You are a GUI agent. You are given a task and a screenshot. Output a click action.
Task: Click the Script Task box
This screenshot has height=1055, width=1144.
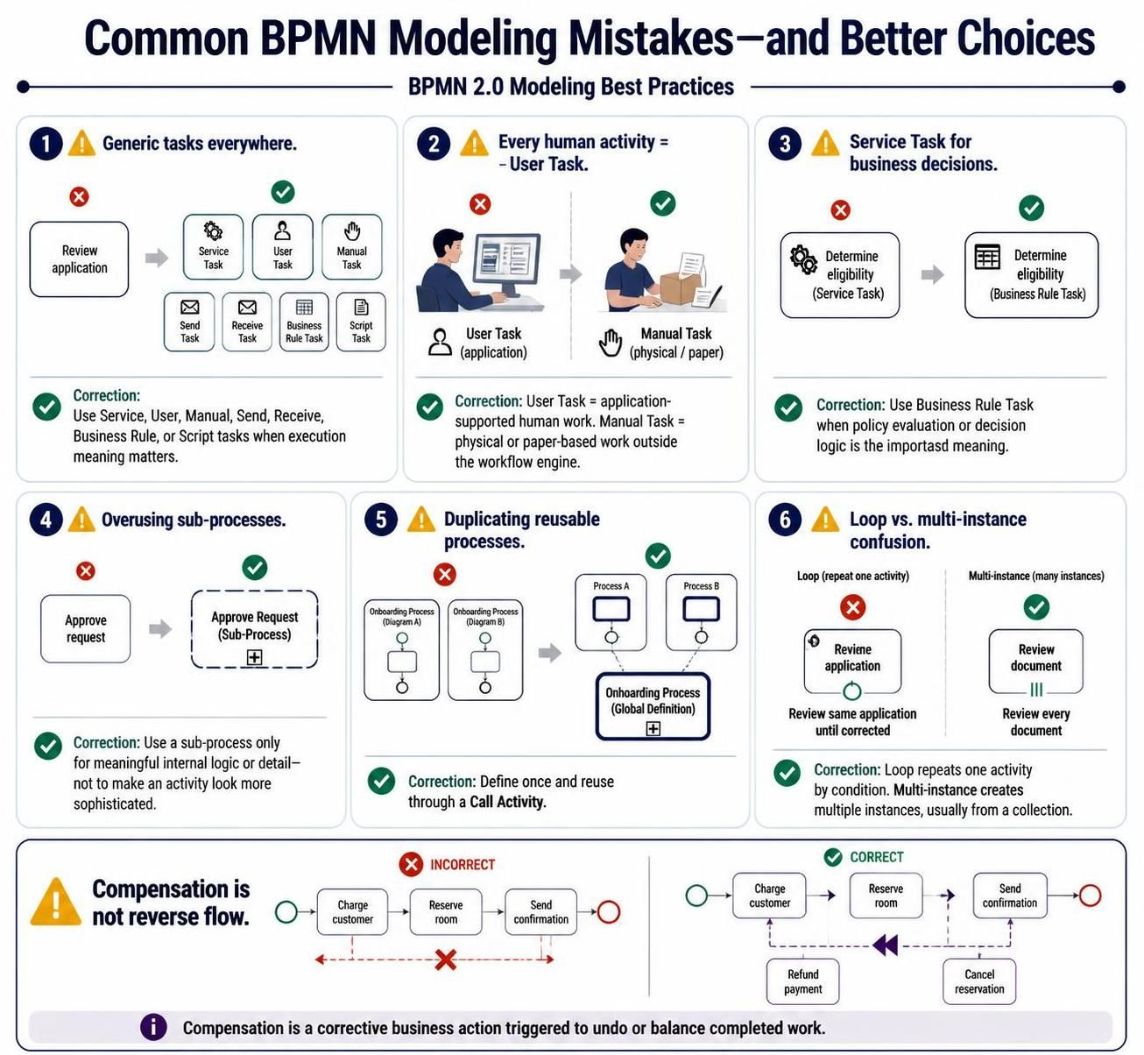(x=361, y=322)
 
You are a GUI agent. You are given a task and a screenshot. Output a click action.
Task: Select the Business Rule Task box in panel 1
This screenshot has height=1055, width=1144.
(x=304, y=322)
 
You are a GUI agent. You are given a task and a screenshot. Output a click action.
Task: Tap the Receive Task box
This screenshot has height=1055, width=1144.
(x=247, y=322)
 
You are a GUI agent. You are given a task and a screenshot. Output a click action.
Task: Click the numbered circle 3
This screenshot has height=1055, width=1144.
(x=785, y=144)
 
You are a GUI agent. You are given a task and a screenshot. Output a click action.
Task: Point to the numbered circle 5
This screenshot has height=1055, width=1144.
(x=381, y=519)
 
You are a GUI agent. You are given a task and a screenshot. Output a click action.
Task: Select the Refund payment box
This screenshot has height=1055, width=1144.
(x=802, y=981)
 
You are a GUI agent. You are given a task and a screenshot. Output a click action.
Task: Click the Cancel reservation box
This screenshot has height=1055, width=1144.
(x=979, y=981)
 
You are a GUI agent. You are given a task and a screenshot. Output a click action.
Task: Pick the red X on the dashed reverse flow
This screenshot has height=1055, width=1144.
(x=445, y=959)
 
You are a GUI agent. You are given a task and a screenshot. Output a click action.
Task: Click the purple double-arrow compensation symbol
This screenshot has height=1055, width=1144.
(x=886, y=945)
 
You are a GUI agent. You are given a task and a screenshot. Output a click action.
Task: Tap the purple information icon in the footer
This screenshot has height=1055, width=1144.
(x=154, y=1027)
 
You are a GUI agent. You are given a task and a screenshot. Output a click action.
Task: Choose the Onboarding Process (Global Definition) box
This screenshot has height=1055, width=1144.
(x=653, y=706)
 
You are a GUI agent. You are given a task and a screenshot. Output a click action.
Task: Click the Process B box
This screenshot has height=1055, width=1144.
(x=701, y=612)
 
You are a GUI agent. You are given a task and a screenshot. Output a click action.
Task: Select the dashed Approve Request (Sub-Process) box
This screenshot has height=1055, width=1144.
(x=254, y=629)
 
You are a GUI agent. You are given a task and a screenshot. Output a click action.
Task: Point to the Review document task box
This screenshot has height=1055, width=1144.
(x=1035, y=661)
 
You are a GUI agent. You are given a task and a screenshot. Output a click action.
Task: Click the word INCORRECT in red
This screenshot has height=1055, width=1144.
(x=463, y=864)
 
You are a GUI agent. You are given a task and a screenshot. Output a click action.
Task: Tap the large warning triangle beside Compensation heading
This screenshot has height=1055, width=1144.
(x=56, y=903)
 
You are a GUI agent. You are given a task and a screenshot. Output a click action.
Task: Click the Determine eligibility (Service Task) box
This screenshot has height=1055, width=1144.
(x=840, y=275)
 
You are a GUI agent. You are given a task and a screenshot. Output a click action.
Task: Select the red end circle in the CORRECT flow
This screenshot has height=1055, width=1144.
(x=1090, y=896)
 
